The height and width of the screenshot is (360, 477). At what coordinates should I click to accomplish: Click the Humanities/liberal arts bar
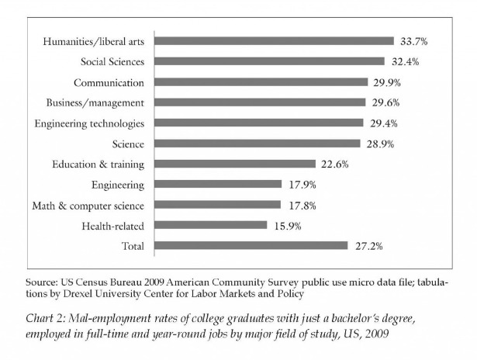[x=274, y=41]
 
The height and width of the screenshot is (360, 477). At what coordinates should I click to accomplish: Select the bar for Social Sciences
[x=269, y=61]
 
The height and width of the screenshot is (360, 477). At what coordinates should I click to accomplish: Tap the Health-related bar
[x=210, y=225]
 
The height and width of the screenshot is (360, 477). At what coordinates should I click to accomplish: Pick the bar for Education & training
[x=235, y=164]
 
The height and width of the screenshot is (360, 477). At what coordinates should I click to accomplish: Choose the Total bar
[x=251, y=246]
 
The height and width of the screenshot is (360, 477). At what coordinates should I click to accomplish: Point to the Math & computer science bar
[x=217, y=205]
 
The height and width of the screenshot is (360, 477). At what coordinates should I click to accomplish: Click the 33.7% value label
[x=413, y=41]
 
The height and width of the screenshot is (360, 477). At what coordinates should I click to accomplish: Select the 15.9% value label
[x=288, y=226]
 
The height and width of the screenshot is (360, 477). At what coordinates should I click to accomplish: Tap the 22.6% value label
[x=335, y=164]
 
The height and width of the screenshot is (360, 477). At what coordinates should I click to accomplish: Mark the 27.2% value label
[x=369, y=246]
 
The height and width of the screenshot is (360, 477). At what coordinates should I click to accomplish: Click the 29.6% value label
[x=385, y=102]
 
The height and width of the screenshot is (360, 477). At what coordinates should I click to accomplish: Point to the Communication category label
[x=109, y=83]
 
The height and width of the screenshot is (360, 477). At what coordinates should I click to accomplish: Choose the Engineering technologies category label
[x=89, y=124]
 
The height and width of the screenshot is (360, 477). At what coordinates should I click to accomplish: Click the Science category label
[x=128, y=144]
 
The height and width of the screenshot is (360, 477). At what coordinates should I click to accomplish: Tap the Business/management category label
[x=95, y=103]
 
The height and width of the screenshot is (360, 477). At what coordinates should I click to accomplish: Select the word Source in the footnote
[x=41, y=282]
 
